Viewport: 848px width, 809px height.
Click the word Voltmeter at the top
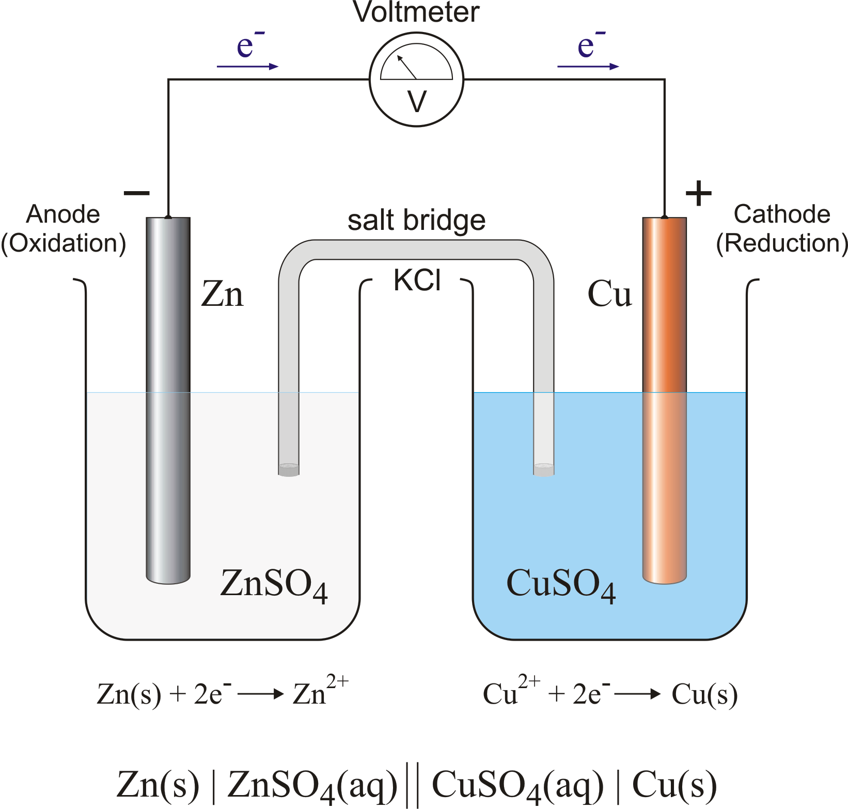416,12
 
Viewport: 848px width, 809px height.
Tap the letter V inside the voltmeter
417,101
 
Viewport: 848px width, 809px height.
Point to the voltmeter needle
406,67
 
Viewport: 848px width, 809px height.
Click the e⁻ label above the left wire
248,46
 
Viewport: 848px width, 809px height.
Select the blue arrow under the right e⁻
588,67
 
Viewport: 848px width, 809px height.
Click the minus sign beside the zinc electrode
136,193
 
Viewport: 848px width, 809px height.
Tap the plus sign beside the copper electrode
698,194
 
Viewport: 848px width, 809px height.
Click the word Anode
63,214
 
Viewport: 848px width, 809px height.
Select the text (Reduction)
781,243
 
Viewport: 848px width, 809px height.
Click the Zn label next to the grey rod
222,294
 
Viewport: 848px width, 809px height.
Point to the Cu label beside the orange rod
609,294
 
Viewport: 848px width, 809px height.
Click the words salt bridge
416,221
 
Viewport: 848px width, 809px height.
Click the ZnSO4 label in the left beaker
274,584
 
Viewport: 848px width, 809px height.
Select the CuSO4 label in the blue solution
561,584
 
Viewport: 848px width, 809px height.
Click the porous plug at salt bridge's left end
289,470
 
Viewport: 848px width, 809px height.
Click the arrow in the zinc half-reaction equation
261,694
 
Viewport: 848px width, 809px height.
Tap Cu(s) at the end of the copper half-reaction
704,694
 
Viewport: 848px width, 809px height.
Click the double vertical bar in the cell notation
412,785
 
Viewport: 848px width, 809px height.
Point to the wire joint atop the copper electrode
665,217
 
